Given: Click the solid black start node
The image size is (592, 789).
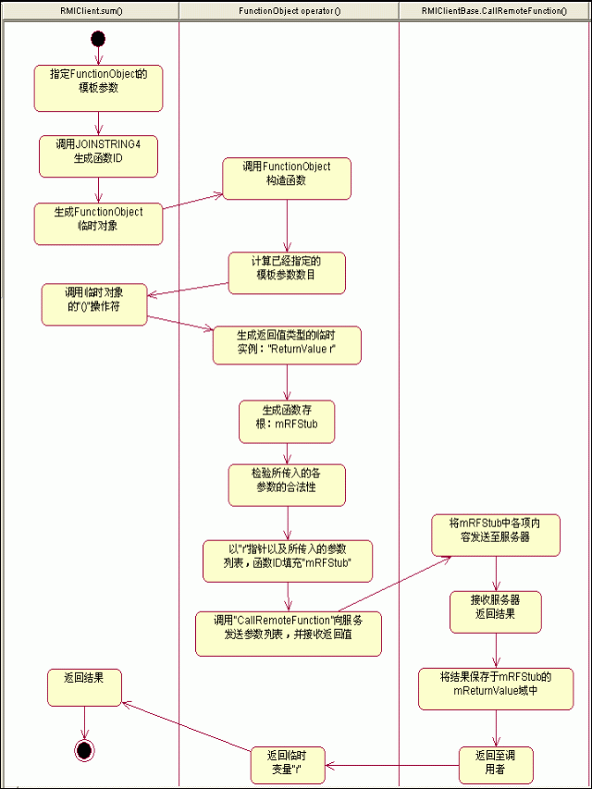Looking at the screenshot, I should coord(98,38).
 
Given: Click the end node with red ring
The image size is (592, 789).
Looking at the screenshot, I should coord(84,749).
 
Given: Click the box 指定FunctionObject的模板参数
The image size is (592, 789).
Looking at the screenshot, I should coord(99,88).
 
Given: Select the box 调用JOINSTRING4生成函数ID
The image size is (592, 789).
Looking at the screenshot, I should coord(98,156).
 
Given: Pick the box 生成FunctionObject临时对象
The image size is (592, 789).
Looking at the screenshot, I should coord(98,223).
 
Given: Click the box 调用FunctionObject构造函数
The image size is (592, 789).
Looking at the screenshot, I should coord(287,178).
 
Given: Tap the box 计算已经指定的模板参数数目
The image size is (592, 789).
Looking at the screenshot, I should coord(287,273).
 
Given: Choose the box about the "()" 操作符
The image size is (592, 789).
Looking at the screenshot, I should coord(94,304).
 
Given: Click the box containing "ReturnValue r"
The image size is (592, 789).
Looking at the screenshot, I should coord(287,345).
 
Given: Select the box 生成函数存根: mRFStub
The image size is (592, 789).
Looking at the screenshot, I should coord(286,421).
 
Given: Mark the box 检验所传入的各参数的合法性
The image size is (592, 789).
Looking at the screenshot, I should coord(287,485).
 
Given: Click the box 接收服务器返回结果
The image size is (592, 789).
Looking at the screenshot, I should coord(496,611).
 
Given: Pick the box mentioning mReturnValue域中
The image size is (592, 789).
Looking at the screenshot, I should coord(496,689).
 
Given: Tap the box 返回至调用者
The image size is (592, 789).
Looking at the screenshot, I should coord(496,765).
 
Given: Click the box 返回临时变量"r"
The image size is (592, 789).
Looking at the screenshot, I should coord(287,765).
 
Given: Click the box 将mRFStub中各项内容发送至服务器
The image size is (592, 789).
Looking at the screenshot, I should coord(496,535).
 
